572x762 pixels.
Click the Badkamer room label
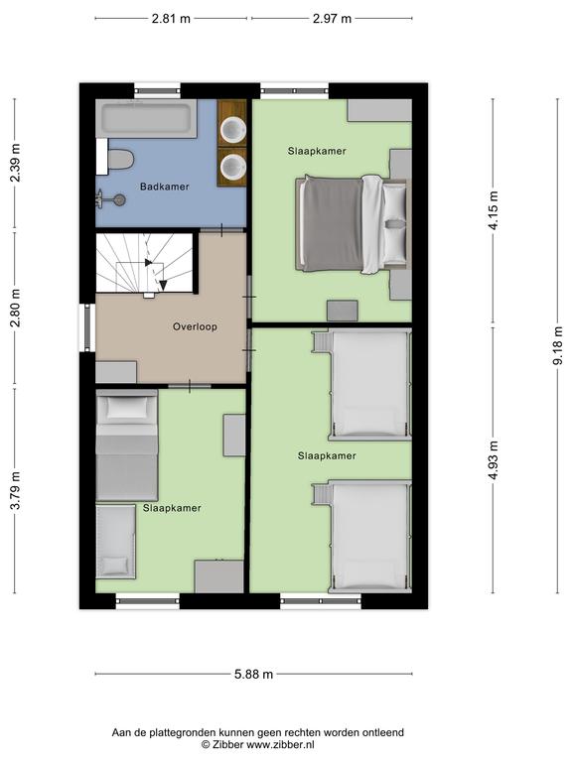165,187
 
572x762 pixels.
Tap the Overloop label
195,326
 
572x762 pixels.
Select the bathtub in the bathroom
146,119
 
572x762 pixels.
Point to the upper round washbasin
233,130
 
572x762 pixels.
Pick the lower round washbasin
233,167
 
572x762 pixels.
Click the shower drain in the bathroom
119,199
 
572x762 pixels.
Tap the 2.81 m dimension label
171,19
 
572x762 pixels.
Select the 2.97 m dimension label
332,19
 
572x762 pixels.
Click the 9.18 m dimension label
558,345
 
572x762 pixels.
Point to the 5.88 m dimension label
253,674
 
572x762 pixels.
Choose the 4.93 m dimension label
494,459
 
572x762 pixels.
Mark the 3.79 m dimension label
15,490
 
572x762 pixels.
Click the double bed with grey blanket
353,223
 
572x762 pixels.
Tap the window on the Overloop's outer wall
88,327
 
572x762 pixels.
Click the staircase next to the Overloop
145,263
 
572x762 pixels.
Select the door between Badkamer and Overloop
221,229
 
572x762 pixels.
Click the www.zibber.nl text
280,744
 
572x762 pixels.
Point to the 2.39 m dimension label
15,164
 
